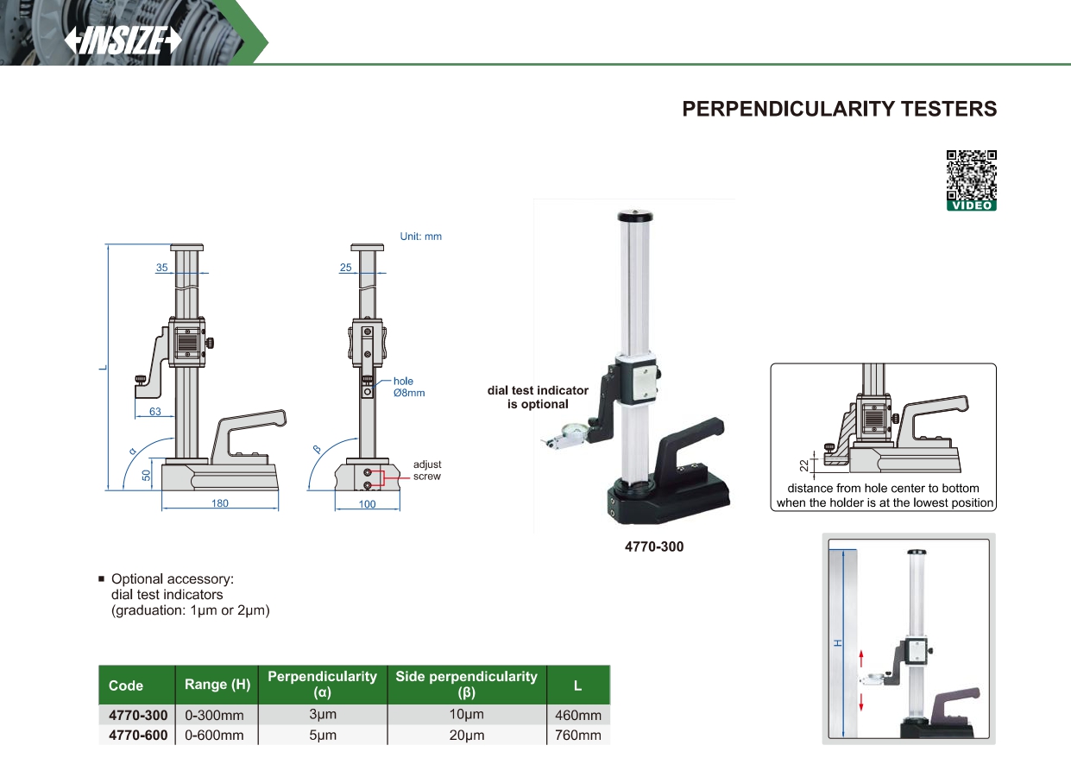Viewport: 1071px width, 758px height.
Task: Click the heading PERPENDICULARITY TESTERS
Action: point(839,109)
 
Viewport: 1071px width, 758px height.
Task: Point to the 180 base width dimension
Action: point(220,503)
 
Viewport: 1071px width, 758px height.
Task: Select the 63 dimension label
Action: point(154,412)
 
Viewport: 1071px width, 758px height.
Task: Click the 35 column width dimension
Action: point(162,268)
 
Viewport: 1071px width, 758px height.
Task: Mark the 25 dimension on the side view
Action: point(346,268)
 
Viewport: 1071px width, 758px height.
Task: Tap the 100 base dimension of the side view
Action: point(368,504)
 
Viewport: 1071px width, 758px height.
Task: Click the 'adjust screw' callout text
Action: point(427,471)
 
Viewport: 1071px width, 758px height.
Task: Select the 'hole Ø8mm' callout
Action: point(408,387)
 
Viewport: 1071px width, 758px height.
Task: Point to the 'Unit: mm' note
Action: point(420,237)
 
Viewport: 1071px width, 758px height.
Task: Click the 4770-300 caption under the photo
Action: point(653,546)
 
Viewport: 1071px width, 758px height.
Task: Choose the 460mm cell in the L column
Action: point(577,715)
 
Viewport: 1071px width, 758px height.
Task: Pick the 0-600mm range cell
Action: point(215,736)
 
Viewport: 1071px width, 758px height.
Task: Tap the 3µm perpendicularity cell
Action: point(322,715)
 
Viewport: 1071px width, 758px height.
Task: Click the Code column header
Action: point(126,685)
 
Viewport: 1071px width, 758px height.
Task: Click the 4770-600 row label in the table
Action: point(138,736)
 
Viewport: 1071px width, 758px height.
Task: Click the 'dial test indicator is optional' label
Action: point(538,397)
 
